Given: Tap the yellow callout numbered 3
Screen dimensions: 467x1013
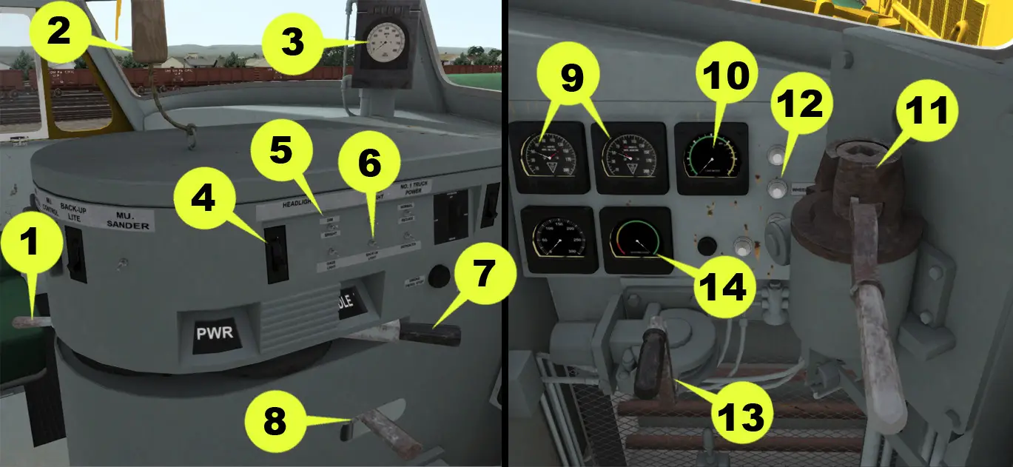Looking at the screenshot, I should click(x=292, y=42).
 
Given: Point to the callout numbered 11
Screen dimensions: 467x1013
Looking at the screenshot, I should click(x=926, y=113).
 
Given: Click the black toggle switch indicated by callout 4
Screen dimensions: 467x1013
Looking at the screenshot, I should click(x=275, y=254).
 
